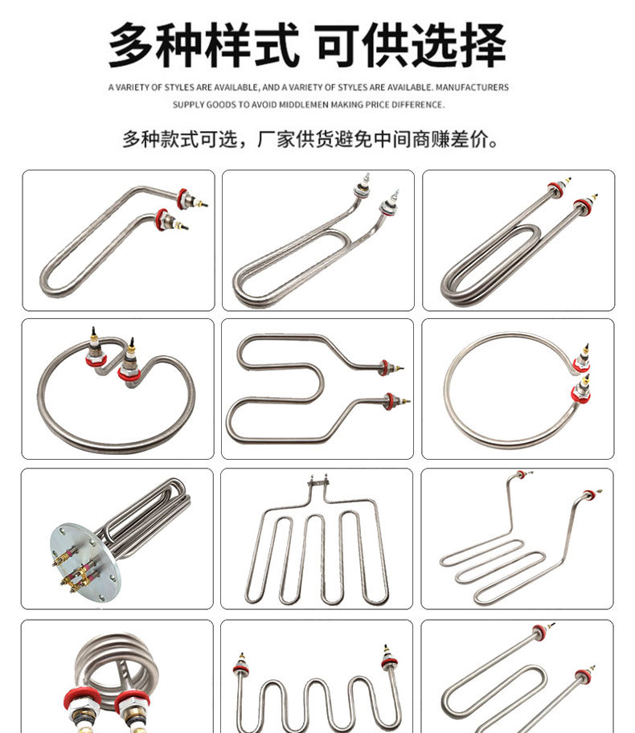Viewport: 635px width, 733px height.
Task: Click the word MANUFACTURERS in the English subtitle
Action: pos(473,87)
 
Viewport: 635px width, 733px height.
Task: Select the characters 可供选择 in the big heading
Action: pos(410,46)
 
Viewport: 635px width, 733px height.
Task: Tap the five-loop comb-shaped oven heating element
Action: pos(317,555)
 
